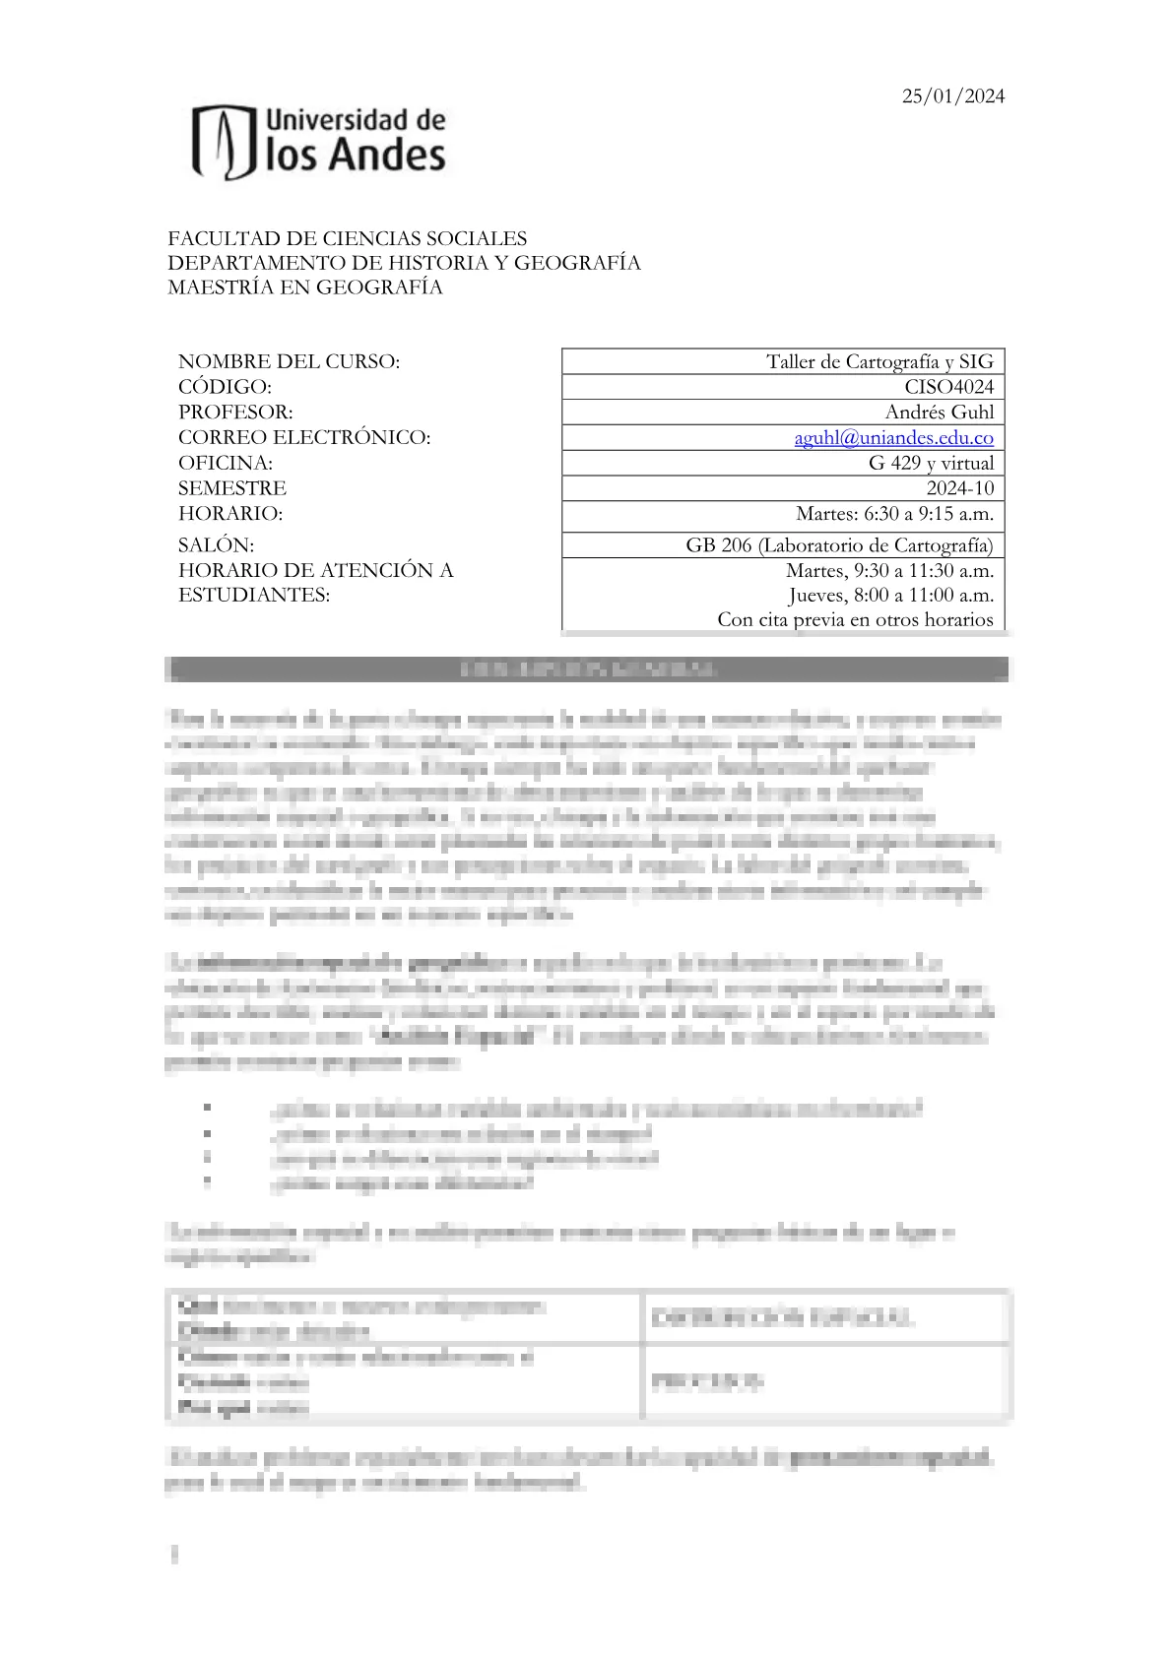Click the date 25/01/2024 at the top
(953, 96)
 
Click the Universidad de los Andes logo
(318, 142)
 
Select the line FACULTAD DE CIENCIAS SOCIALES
(347, 238)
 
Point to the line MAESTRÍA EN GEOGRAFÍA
(304, 287)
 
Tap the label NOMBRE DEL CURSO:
(289, 361)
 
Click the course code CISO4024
(948, 387)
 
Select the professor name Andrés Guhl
(939, 413)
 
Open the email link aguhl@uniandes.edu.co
(893, 438)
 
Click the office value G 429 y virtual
(931, 463)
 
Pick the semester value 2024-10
(959, 488)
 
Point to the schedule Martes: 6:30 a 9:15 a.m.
(894, 514)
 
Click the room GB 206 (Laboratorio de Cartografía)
(839, 545)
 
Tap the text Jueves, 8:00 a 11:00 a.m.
(890, 595)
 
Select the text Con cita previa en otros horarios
(855, 619)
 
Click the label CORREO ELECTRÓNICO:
(304, 437)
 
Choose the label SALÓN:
(216, 545)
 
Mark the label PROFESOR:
(235, 413)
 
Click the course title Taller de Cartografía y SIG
(879, 361)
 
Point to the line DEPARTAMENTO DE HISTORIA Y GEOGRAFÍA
(404, 263)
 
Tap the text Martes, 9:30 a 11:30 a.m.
(889, 570)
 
